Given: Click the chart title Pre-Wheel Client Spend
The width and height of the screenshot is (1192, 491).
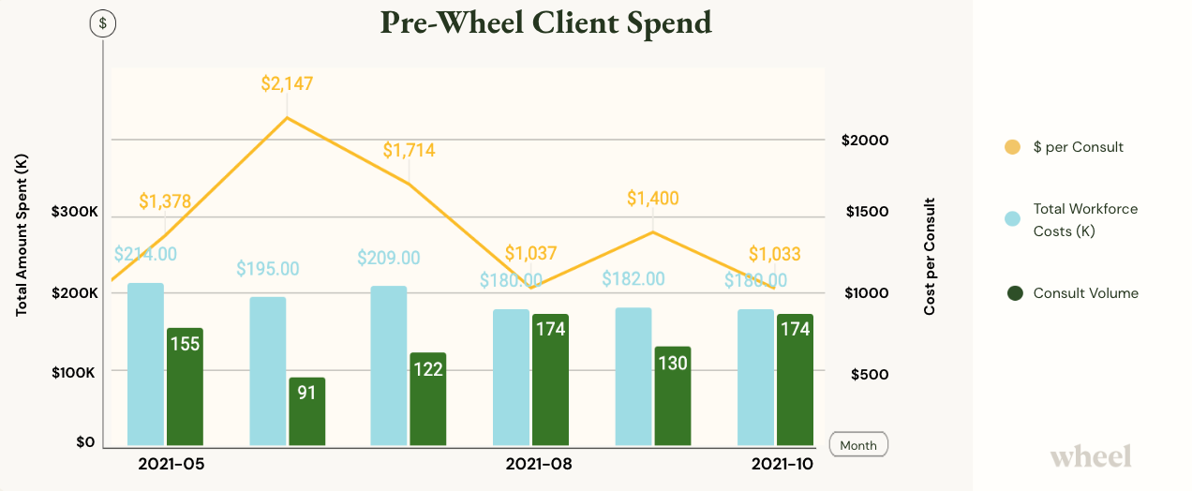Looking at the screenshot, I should click(x=545, y=22).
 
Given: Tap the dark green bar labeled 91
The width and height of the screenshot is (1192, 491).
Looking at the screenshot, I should click(x=306, y=412).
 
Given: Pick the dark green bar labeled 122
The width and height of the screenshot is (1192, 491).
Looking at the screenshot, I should click(x=428, y=399).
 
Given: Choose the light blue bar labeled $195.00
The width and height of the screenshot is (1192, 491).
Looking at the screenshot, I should click(x=268, y=371).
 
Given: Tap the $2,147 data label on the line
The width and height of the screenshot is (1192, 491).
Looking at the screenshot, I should click(x=287, y=84).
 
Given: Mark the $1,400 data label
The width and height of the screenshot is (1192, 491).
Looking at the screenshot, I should click(x=653, y=198).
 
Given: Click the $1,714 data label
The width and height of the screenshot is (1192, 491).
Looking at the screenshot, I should click(x=409, y=150).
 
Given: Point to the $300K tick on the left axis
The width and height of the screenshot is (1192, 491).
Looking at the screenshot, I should click(x=74, y=213).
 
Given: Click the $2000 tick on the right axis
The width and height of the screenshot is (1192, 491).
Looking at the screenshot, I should click(x=865, y=140).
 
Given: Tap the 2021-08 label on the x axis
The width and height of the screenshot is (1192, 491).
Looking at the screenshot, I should click(x=539, y=464).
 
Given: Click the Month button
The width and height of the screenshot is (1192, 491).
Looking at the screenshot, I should click(x=858, y=445).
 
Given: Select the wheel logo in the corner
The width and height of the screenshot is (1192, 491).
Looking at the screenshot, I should click(x=1091, y=456).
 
